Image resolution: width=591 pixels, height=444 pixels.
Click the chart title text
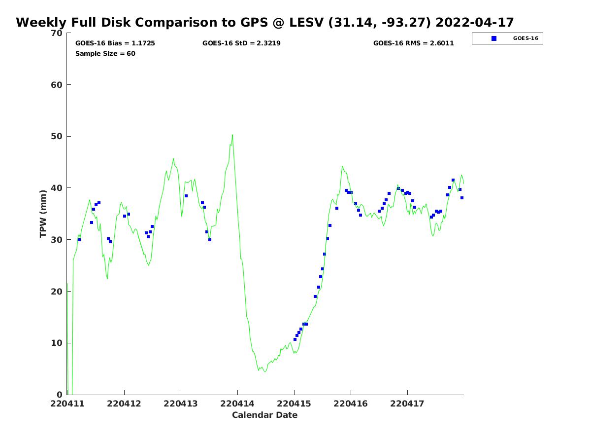(x=265, y=23)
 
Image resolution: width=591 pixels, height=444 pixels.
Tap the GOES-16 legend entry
(x=507, y=38)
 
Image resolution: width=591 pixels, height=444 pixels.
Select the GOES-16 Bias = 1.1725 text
(x=115, y=43)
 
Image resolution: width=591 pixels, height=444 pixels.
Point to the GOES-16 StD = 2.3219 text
(x=241, y=43)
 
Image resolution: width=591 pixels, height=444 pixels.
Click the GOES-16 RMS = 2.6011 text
(x=414, y=43)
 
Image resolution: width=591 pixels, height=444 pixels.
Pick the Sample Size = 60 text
(x=105, y=53)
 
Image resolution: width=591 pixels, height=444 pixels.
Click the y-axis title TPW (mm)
(x=43, y=214)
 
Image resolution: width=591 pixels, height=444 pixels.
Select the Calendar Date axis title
(x=265, y=415)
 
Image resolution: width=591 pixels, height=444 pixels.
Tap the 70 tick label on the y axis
(x=57, y=33)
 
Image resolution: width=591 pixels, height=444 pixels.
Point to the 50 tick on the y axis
(x=57, y=136)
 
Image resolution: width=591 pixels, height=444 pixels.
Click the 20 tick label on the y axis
(x=57, y=291)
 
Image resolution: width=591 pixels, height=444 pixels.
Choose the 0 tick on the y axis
(x=60, y=394)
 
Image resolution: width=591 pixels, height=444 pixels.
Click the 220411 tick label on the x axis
(x=67, y=404)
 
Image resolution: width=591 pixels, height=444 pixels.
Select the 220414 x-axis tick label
(x=237, y=404)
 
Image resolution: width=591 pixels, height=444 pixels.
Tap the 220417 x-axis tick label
(x=407, y=404)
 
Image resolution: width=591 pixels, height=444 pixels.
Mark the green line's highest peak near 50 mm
(x=232, y=135)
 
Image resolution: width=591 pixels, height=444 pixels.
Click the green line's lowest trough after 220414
(x=265, y=371)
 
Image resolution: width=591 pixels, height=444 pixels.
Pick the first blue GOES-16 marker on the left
(x=79, y=240)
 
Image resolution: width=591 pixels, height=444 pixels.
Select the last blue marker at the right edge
(x=462, y=198)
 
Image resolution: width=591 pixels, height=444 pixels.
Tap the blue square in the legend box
(x=494, y=38)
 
